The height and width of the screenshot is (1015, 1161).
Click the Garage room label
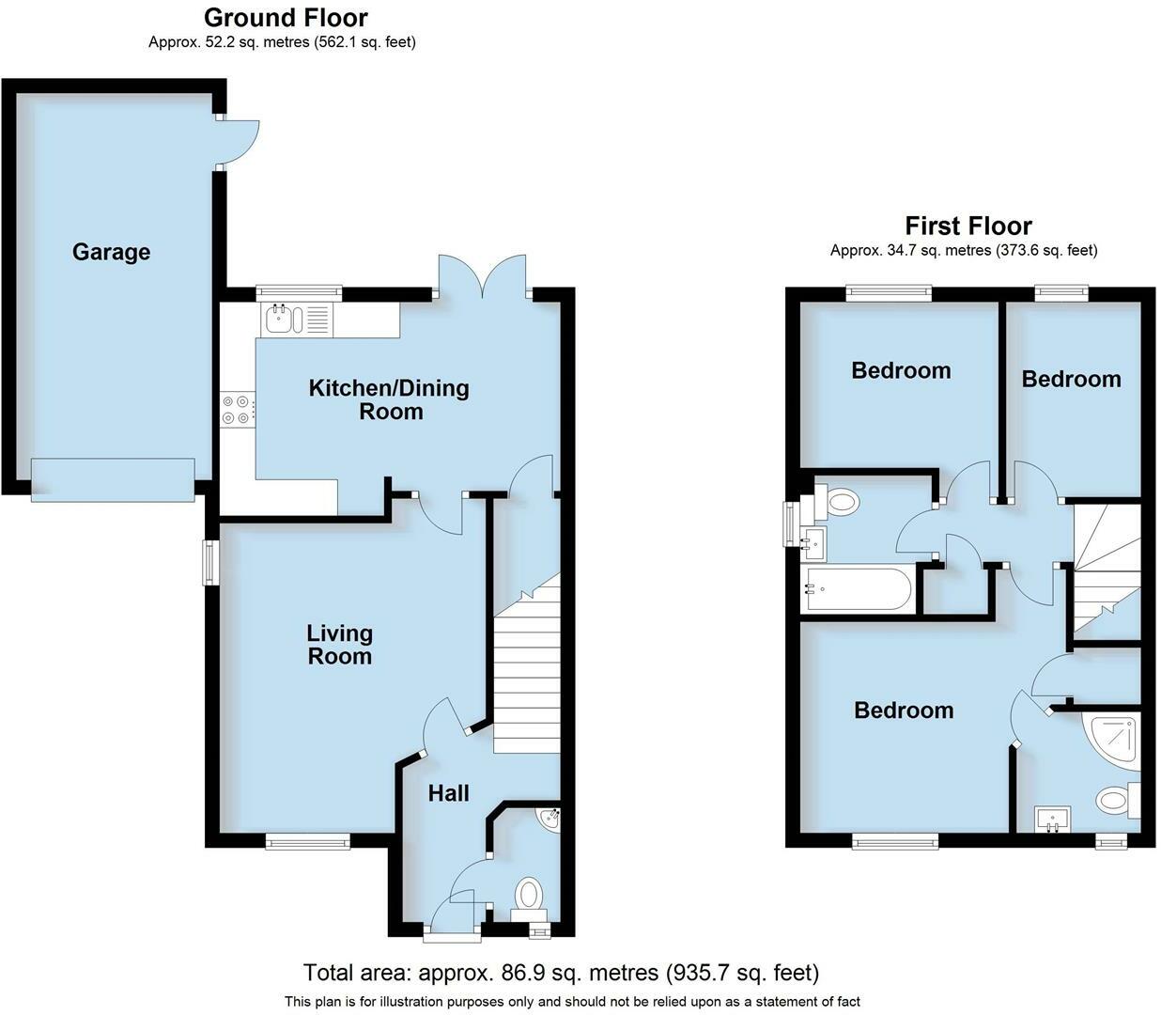coord(111,252)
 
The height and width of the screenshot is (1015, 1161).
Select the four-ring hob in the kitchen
coord(236,410)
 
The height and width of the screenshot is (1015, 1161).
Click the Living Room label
coord(339,645)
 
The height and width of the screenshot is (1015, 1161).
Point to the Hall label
coord(448,793)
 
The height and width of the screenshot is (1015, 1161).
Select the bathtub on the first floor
coord(858,589)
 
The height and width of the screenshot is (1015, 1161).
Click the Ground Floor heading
coord(286,17)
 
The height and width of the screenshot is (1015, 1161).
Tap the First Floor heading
coord(967,226)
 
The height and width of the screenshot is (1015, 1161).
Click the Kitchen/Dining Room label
coord(389,399)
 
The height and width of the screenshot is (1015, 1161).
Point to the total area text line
coord(561,972)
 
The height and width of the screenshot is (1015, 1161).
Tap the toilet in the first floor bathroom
coord(838,503)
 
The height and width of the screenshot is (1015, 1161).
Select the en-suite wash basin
coord(1052,820)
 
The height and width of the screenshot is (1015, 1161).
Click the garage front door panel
coord(113,479)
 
